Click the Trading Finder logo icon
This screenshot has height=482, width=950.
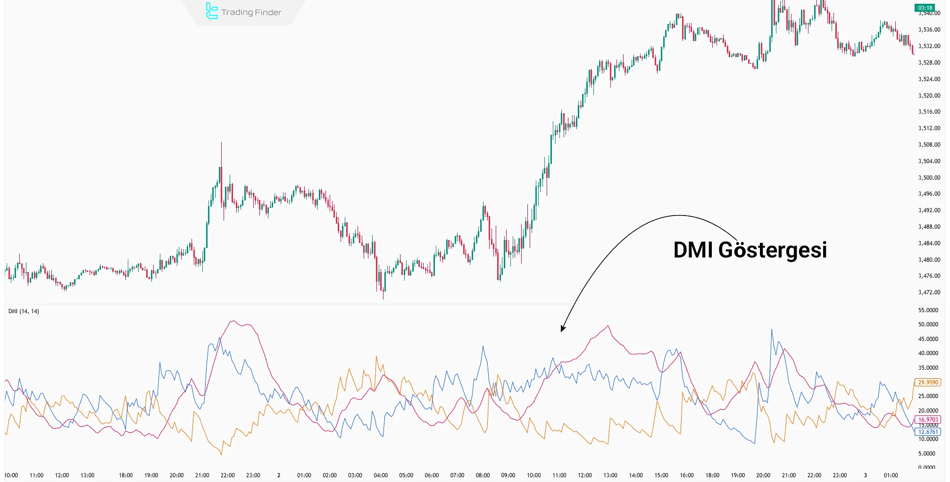click(x=211, y=11)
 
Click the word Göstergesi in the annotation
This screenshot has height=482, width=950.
click(x=772, y=250)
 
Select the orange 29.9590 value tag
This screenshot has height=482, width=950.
click(x=928, y=382)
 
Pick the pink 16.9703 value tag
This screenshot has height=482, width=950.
click(x=928, y=419)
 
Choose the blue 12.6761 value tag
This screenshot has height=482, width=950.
click(x=928, y=432)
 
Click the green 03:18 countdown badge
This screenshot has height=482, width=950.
click(x=925, y=8)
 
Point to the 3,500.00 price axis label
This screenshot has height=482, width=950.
click(x=929, y=178)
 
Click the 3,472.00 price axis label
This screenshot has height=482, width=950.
click(x=929, y=292)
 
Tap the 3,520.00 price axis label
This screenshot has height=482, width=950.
click(x=929, y=96)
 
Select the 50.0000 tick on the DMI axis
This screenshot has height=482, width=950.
click(x=928, y=324)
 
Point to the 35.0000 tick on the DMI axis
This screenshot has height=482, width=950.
click(x=928, y=368)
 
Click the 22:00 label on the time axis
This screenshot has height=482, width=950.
click(x=228, y=475)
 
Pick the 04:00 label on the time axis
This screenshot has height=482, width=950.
click(x=381, y=475)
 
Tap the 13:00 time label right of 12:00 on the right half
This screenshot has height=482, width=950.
click(x=610, y=475)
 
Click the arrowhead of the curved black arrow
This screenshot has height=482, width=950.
click(x=562, y=329)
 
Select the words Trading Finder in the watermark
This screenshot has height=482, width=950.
click(x=251, y=12)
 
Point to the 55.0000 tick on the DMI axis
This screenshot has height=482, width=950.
click(x=928, y=310)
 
